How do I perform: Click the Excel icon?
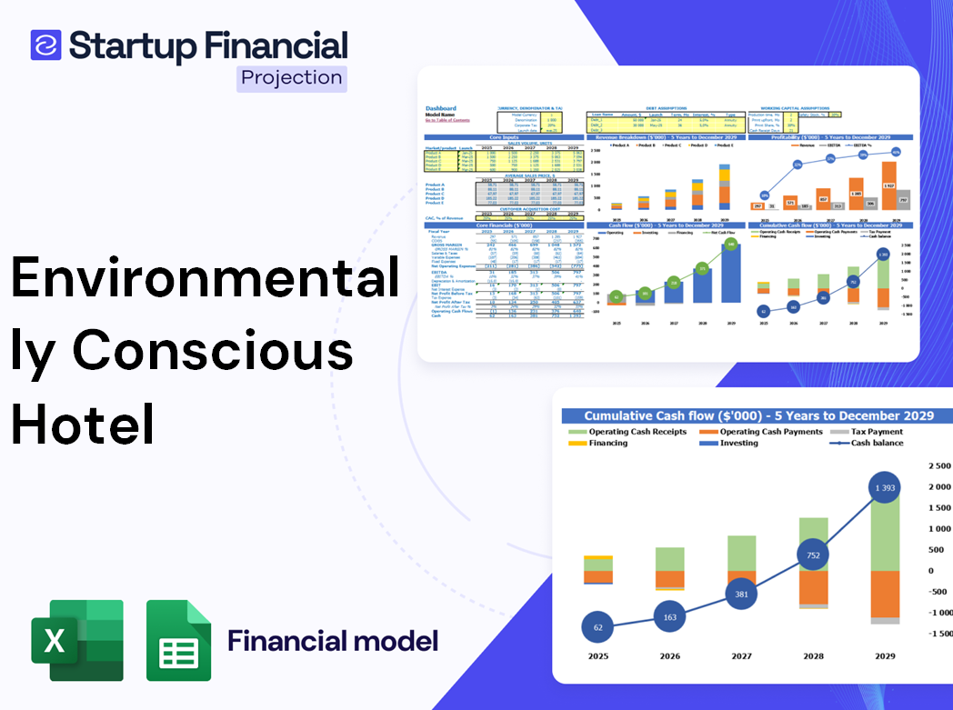[77, 640]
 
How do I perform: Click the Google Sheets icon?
[179, 640]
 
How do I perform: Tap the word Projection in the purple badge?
[292, 77]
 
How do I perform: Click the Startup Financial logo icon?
[45, 45]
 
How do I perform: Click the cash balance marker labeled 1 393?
[885, 489]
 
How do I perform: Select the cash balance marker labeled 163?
[670, 617]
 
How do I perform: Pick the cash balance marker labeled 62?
[597, 627]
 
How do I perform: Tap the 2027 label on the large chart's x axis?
[743, 656]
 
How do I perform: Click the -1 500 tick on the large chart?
[937, 634]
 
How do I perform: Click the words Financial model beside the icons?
[333, 641]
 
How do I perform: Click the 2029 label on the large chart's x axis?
[885, 656]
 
